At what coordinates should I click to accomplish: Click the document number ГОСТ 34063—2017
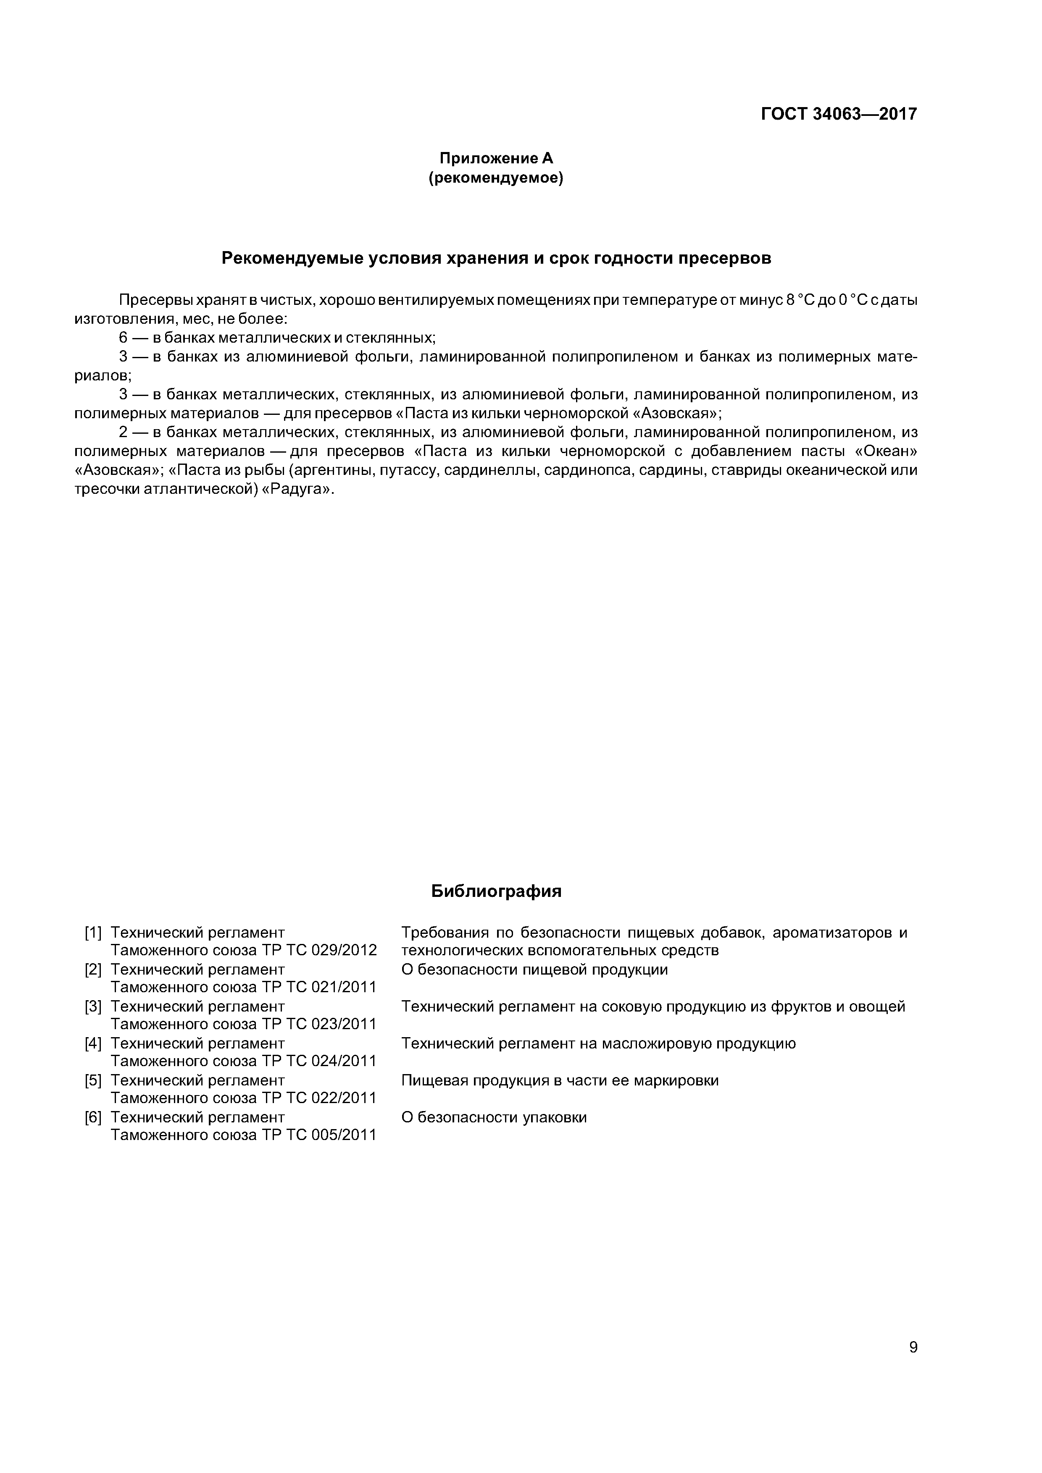tap(839, 114)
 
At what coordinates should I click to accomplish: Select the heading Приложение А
tap(496, 158)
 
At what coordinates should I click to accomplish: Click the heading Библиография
tap(496, 891)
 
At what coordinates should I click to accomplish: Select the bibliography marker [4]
tap(93, 1043)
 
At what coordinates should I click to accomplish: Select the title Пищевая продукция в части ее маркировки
tap(560, 1080)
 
